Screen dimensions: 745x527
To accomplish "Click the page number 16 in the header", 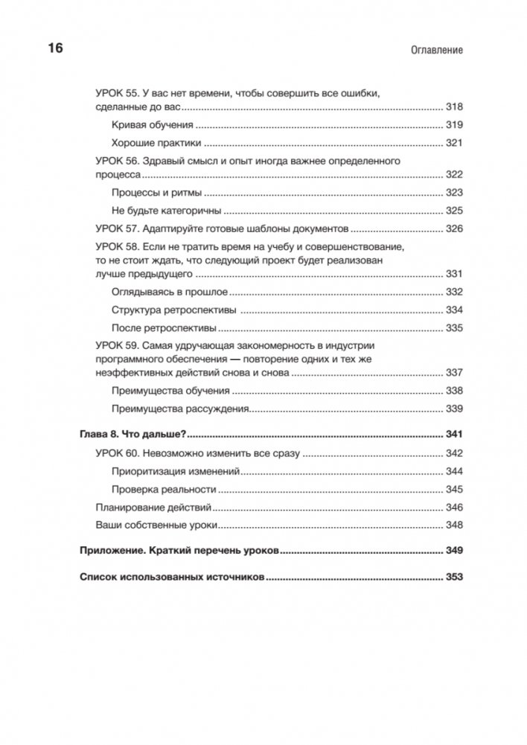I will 56,49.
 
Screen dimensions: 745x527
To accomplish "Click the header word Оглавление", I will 436,51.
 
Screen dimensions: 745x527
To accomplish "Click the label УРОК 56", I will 116,161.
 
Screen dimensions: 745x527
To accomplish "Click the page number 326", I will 454,228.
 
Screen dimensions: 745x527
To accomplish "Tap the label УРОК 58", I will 116,246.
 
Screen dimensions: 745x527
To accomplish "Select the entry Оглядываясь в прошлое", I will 170,292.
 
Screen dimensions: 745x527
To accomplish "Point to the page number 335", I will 454,327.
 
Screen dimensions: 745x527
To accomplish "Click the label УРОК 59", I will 116,346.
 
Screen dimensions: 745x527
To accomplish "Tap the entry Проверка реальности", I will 163,490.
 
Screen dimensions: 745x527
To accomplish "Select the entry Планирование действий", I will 153,508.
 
